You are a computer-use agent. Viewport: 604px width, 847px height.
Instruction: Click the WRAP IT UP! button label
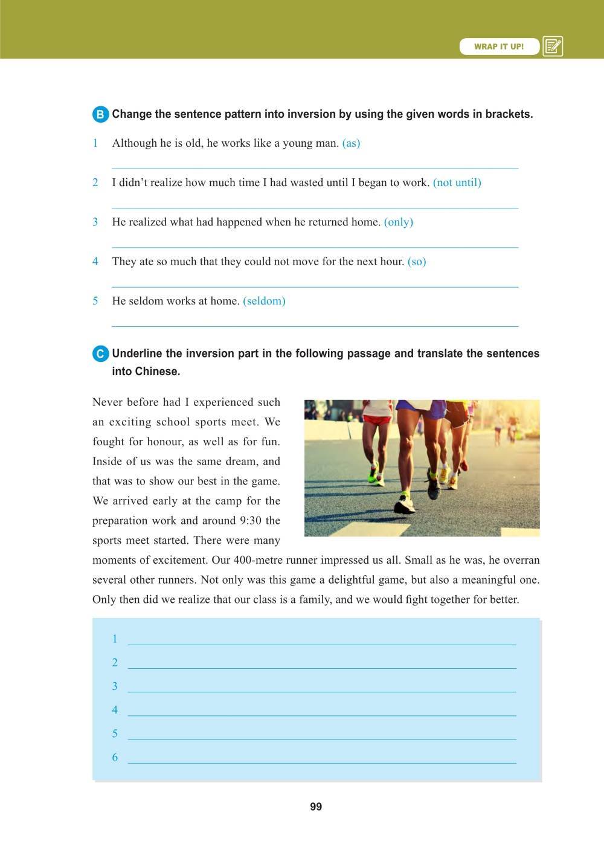pos(499,47)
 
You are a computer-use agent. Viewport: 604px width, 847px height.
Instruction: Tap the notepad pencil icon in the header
pos(553,47)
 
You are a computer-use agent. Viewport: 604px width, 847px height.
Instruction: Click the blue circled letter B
pos(100,115)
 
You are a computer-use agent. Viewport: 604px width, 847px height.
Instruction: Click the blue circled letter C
pos(100,354)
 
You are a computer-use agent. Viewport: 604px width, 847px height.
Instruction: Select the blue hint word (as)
pos(351,143)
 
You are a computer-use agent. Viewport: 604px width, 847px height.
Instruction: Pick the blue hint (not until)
pos(457,182)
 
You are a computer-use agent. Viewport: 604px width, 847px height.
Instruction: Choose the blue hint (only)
pos(399,222)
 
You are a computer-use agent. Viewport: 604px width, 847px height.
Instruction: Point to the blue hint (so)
pos(417,262)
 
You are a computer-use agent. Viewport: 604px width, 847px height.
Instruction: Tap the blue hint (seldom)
pos(264,301)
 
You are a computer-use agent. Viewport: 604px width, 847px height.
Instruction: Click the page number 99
pos(316,807)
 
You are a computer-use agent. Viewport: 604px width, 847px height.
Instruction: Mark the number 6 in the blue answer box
pos(115,758)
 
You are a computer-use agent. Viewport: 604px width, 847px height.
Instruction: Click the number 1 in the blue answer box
pos(115,639)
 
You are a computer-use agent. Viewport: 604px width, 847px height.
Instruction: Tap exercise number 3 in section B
pos(95,222)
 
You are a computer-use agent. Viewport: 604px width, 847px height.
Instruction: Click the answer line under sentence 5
pos(315,326)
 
